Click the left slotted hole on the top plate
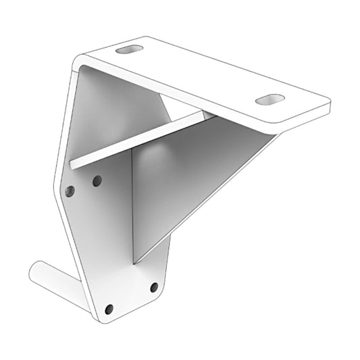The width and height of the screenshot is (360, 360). (130, 50)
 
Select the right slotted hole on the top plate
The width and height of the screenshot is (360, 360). (269, 99)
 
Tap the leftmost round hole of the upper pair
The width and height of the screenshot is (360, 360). (70, 192)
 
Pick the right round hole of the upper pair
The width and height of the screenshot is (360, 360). (97, 181)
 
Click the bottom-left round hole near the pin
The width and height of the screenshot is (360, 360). (109, 309)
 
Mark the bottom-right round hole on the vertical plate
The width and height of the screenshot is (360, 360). (154, 287)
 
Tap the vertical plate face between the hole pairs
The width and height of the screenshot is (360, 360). (108, 236)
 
